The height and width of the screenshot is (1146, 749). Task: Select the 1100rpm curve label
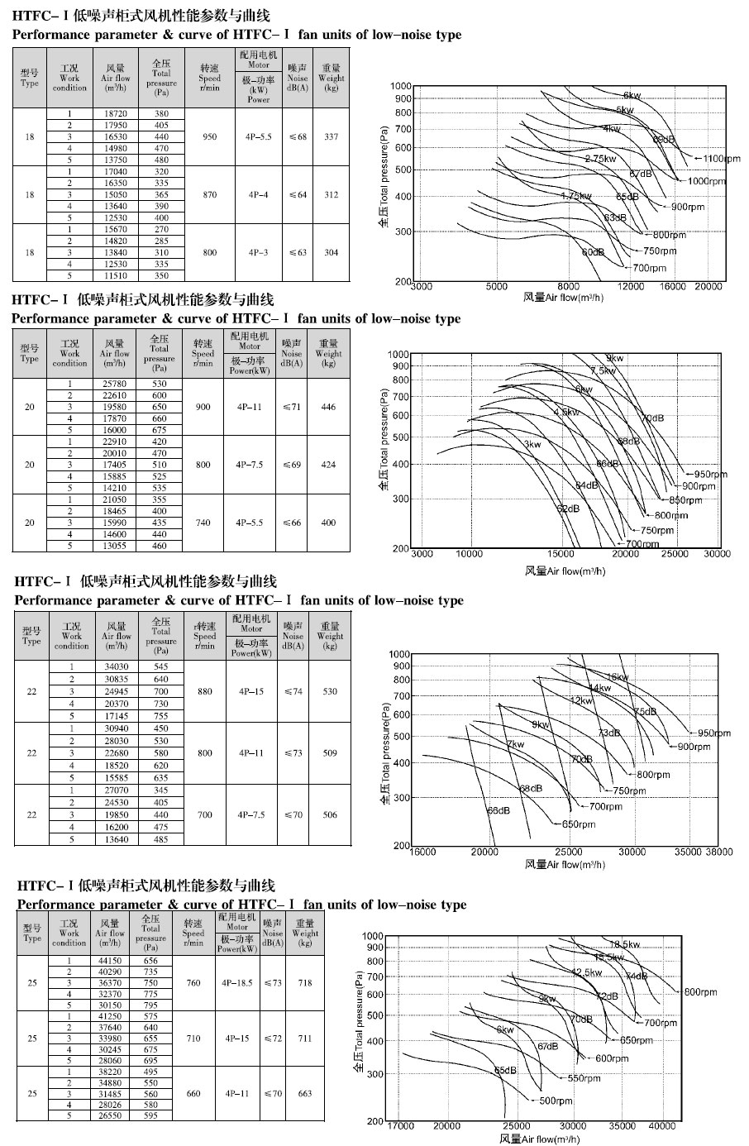pos(720,158)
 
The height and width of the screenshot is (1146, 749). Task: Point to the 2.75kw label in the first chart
pos(600,158)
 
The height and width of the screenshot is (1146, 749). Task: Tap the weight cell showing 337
pos(332,136)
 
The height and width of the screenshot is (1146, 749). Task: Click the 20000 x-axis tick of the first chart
pos(708,287)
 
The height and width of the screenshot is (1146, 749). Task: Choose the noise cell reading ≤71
pos(292,407)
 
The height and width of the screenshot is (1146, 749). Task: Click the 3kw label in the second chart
pos(532,445)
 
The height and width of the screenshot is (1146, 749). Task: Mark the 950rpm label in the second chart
pos(710,475)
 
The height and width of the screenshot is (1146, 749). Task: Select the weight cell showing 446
pos(329,407)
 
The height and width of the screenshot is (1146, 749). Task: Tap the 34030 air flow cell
pos(117,666)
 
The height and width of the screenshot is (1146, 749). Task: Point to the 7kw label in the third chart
pos(515,745)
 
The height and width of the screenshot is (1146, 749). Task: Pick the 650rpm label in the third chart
pos(579,824)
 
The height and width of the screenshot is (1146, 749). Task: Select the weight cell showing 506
pos(330,814)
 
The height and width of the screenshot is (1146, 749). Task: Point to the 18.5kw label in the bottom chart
pos(626,944)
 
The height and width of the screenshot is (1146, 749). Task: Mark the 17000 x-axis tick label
pos(401,1125)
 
